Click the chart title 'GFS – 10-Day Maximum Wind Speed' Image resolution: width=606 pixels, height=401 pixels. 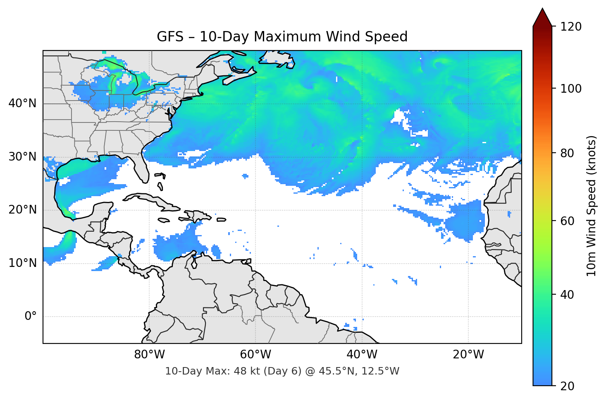(x=282, y=37)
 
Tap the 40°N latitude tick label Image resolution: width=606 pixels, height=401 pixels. (x=22, y=103)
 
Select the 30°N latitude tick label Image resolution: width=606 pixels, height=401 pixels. (x=22, y=157)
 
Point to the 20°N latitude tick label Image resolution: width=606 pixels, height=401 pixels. (x=22, y=210)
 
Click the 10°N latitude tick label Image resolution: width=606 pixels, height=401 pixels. (x=22, y=263)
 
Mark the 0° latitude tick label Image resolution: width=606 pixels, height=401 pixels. (x=31, y=317)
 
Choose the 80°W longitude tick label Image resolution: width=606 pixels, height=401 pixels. (x=149, y=355)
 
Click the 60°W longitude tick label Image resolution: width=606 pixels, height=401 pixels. (x=255, y=355)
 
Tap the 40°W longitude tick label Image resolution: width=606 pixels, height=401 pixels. (x=362, y=355)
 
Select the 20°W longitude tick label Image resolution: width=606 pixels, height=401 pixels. (x=468, y=355)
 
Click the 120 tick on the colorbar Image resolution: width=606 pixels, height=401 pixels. (x=571, y=27)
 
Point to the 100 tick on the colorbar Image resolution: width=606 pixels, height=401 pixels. (x=571, y=89)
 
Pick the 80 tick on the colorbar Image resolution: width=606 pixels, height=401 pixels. (x=568, y=153)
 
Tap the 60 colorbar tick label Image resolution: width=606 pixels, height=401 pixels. (x=568, y=221)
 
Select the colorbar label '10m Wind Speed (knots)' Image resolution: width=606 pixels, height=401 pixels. (x=592, y=206)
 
